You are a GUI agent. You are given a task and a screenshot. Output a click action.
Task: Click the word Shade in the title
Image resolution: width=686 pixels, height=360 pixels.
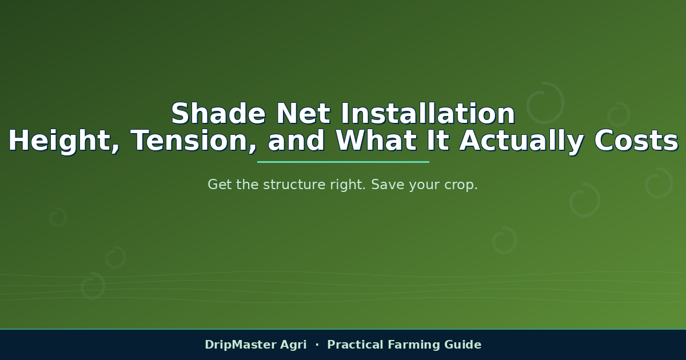[218, 114]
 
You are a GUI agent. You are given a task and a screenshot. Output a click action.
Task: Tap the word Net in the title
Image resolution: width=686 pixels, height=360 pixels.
[303, 114]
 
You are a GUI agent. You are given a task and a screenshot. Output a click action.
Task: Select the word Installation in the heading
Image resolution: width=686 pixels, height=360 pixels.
[428, 114]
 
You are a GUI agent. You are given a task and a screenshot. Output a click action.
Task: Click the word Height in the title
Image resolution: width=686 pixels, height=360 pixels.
[63, 141]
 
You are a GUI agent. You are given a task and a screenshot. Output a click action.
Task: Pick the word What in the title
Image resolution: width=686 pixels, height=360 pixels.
[376, 140]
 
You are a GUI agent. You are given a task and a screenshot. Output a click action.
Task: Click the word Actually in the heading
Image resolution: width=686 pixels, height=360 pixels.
[521, 141]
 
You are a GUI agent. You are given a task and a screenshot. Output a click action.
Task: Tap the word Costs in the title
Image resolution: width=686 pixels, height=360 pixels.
[636, 141]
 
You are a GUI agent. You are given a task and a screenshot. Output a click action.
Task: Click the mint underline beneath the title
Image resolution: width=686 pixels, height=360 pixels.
[343, 162]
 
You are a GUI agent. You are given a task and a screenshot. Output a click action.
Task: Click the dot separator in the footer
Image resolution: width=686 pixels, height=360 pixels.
[317, 345]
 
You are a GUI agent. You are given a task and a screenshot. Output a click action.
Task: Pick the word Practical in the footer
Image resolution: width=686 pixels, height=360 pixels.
[355, 345]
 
